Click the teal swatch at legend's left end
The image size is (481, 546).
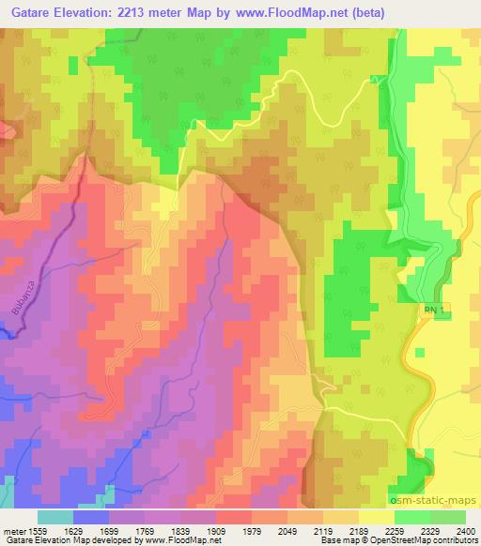(x=55, y=517)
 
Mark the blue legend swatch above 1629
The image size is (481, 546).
(x=91, y=517)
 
